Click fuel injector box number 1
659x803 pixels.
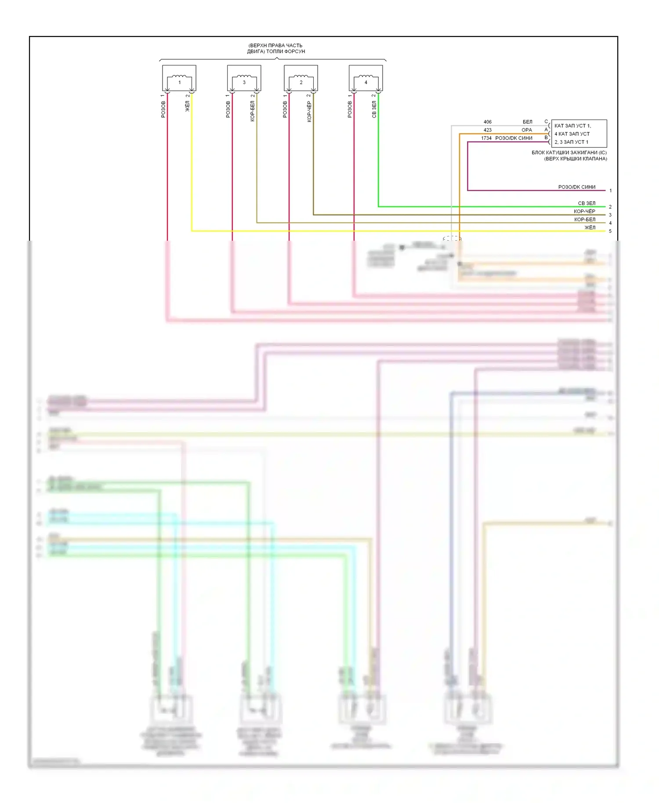pos(179,78)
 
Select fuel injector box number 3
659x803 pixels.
pos(244,78)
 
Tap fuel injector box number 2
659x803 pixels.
pos(301,78)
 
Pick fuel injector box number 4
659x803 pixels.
pos(366,78)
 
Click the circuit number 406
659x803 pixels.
pos(487,122)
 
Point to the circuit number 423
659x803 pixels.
pos(487,130)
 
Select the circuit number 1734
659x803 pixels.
pos(486,138)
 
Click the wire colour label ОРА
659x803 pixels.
pos(526,130)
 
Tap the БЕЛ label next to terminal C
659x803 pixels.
pos(527,122)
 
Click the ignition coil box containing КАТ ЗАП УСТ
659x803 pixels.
pos(579,134)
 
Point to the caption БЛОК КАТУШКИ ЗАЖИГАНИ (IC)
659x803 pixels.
pos(569,152)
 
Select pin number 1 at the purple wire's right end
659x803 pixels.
pos(610,191)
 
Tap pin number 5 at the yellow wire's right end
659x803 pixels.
pos(610,231)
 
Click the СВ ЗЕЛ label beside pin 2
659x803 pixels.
pos(587,203)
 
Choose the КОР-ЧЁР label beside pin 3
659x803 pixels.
pos(584,211)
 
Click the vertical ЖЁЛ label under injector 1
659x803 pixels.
pos(188,106)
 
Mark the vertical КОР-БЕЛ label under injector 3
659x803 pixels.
pos(252,111)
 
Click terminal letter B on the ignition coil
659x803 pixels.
pos(546,137)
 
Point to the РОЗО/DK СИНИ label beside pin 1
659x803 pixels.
pos(576,187)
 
